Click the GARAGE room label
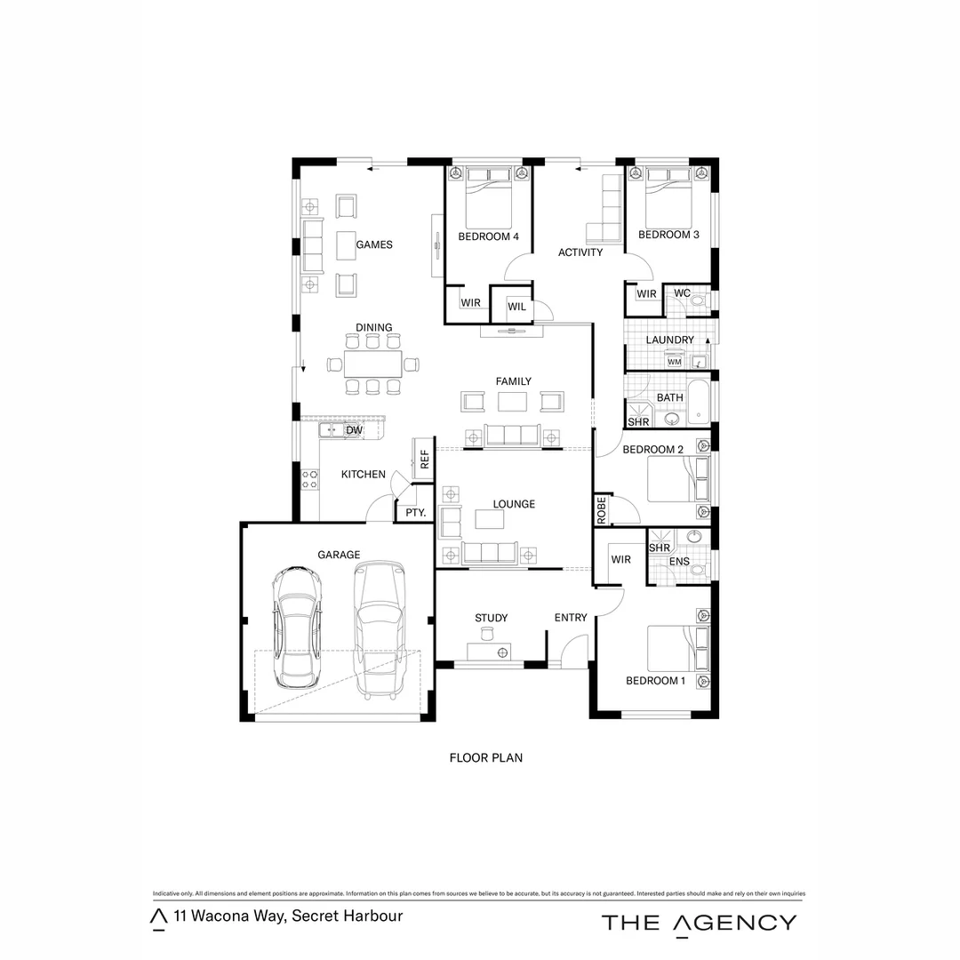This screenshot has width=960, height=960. coord(339,555)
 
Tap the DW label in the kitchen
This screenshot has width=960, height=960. coord(354,430)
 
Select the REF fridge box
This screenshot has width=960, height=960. coord(424,460)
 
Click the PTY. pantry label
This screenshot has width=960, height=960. coord(415,513)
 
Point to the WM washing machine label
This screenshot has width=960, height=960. coord(674,362)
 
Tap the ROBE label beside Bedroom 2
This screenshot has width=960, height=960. coord(602,510)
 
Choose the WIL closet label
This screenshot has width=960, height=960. coord(516,307)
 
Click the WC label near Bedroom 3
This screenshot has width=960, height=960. coord(682,293)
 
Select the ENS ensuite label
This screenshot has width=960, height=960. coord(679,562)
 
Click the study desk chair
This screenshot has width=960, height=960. coord(487,633)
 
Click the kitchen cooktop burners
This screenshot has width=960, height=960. coord(310,479)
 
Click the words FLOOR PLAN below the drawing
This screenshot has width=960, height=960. coord(485,758)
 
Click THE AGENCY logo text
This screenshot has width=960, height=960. coord(699,923)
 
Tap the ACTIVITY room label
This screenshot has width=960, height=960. coord(580,252)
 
